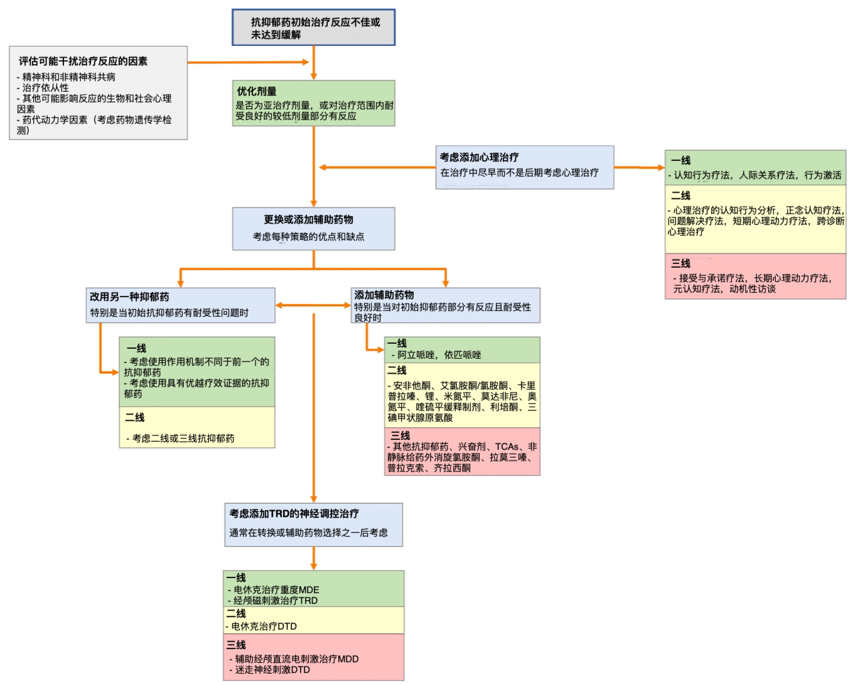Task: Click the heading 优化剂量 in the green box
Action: pyautogui.click(x=257, y=91)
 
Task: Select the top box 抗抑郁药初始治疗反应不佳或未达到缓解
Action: pyautogui.click(x=313, y=28)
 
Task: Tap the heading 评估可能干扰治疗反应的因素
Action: pyautogui.click(x=83, y=61)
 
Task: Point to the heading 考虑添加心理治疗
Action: pyautogui.click(x=479, y=157)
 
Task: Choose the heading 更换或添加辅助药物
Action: pyautogui.click(x=308, y=219)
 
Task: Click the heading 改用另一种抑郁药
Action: pyautogui.click(x=129, y=297)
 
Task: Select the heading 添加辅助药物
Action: pyautogui.click(x=384, y=295)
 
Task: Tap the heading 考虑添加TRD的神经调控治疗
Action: pyautogui.click(x=294, y=513)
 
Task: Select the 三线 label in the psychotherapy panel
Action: pyautogui.click(x=680, y=263)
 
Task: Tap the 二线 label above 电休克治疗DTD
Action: pyautogui.click(x=236, y=613)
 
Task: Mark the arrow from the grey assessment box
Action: pyautogui.click(x=248, y=62)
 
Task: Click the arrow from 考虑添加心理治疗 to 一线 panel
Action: pyautogui.click(x=639, y=168)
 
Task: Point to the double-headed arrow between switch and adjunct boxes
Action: pyautogui.click(x=313, y=305)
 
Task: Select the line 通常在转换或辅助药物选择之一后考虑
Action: pyautogui.click(x=308, y=532)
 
